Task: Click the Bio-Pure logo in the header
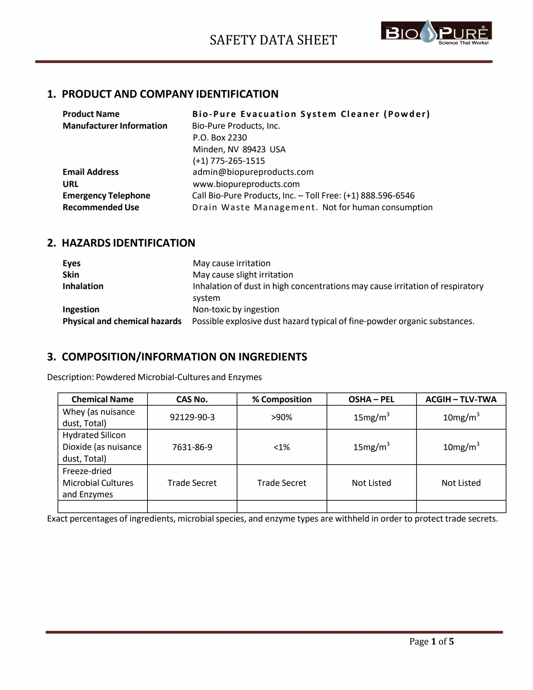(x=436, y=33)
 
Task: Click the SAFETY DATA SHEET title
(x=273, y=40)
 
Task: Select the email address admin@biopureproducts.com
(x=253, y=172)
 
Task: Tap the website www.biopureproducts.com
(x=246, y=184)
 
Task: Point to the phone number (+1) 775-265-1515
(x=229, y=161)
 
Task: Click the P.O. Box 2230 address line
(x=220, y=137)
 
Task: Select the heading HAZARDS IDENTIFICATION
(x=128, y=243)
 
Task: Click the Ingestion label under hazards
(x=81, y=309)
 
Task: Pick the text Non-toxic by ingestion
(x=236, y=309)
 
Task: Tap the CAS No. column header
(x=192, y=399)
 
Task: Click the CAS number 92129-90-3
(x=192, y=417)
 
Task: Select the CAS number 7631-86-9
(x=192, y=447)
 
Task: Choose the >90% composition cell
(x=282, y=417)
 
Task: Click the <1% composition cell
(x=282, y=447)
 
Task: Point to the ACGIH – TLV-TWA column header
(x=461, y=399)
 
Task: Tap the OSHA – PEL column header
(x=371, y=399)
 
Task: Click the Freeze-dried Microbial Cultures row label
(x=98, y=482)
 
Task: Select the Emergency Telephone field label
(x=106, y=195)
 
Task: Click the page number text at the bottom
(x=431, y=641)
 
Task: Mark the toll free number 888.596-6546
(x=387, y=195)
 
